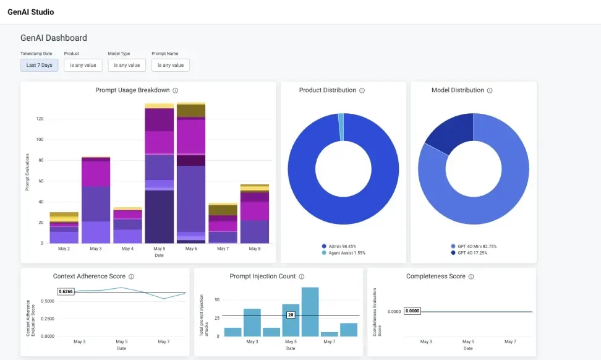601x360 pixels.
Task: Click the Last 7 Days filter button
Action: tap(40, 65)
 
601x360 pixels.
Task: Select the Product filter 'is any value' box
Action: tap(83, 65)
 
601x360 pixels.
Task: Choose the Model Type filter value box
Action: tap(127, 65)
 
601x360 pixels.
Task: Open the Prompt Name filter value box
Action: tap(170, 65)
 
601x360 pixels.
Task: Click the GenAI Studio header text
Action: tap(30, 12)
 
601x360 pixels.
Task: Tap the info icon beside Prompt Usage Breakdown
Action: tap(176, 90)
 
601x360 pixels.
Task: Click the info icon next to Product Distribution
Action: tap(362, 90)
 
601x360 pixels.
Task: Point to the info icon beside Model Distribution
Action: tap(490, 90)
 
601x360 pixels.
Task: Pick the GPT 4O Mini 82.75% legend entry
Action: tap(474, 246)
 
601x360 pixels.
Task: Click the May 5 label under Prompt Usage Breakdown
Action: tap(160, 249)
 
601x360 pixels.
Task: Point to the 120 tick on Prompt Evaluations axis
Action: tap(39, 119)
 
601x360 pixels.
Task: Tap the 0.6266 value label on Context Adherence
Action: tap(66, 292)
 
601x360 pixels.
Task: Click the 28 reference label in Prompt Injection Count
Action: tap(291, 315)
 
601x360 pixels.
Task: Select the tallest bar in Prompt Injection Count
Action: tap(310, 312)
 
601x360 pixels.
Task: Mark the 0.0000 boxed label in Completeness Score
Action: tap(412, 311)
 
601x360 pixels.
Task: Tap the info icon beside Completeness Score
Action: tap(471, 276)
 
